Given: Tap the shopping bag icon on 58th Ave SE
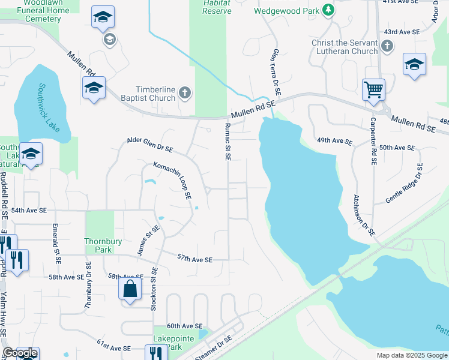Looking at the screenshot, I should point(130,289).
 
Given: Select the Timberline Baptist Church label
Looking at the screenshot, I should point(147,94).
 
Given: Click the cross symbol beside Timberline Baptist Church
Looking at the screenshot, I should point(185,93).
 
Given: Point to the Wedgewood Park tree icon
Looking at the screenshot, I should point(328,10).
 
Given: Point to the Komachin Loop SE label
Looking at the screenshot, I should point(172,180).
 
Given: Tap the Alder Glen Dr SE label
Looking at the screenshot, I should point(150,145).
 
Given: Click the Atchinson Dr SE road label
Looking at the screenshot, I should point(364,214).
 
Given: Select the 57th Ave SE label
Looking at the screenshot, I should point(195,259).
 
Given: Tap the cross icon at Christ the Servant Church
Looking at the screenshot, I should point(387,46).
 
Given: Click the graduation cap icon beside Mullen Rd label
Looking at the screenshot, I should point(94,88).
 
